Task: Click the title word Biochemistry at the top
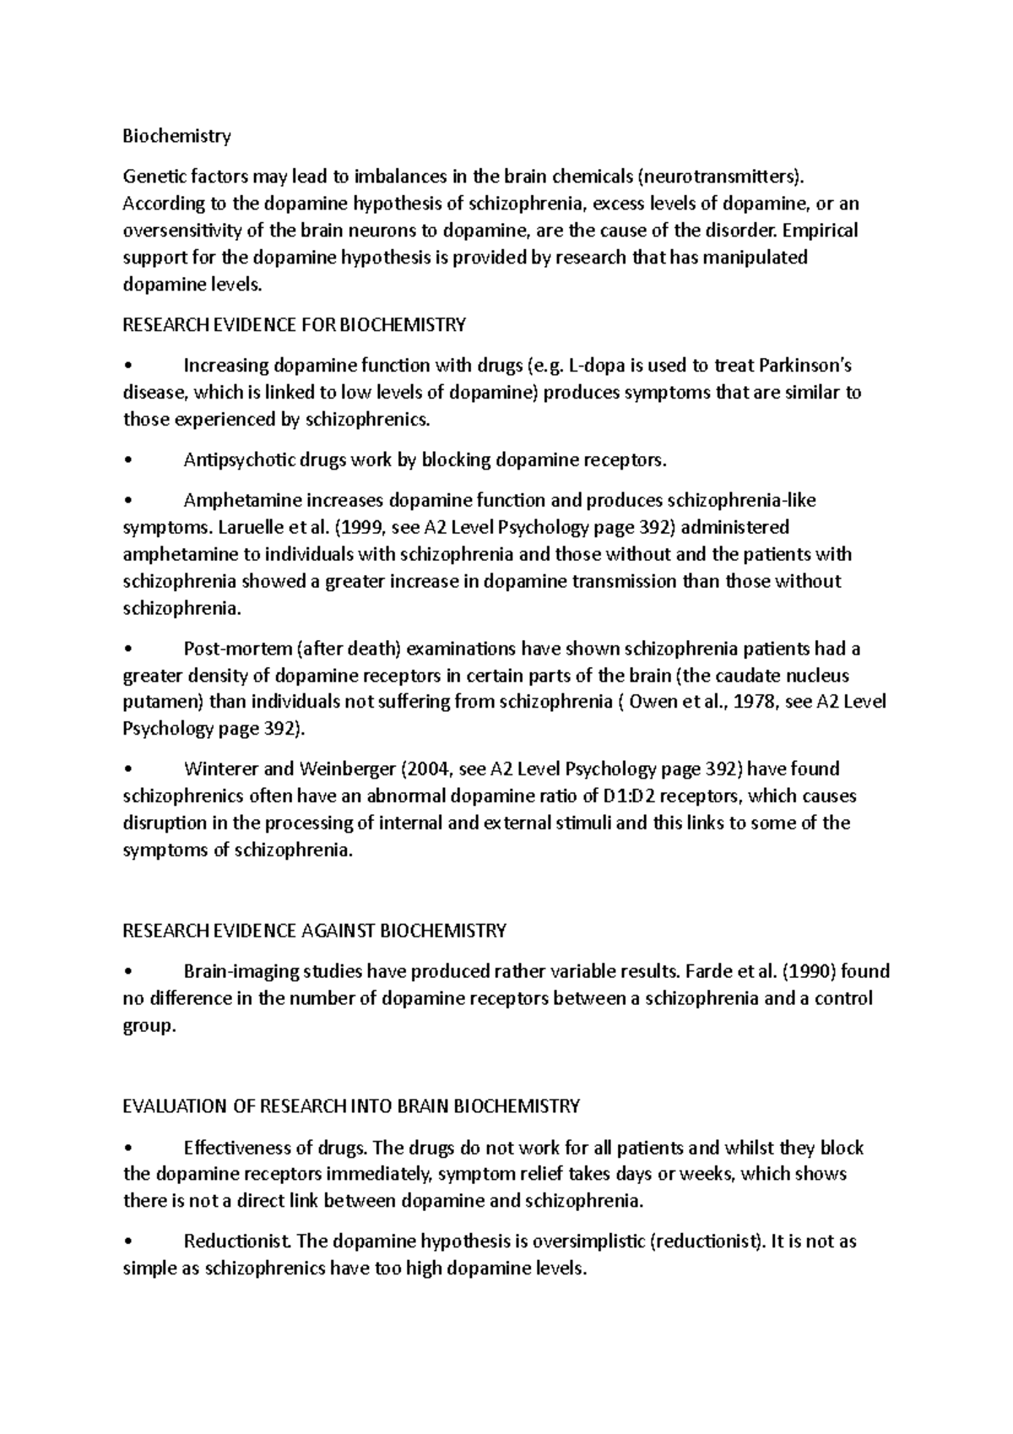176,136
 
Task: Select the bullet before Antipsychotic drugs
127,461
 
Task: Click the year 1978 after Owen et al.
754,703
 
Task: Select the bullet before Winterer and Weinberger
127,769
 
